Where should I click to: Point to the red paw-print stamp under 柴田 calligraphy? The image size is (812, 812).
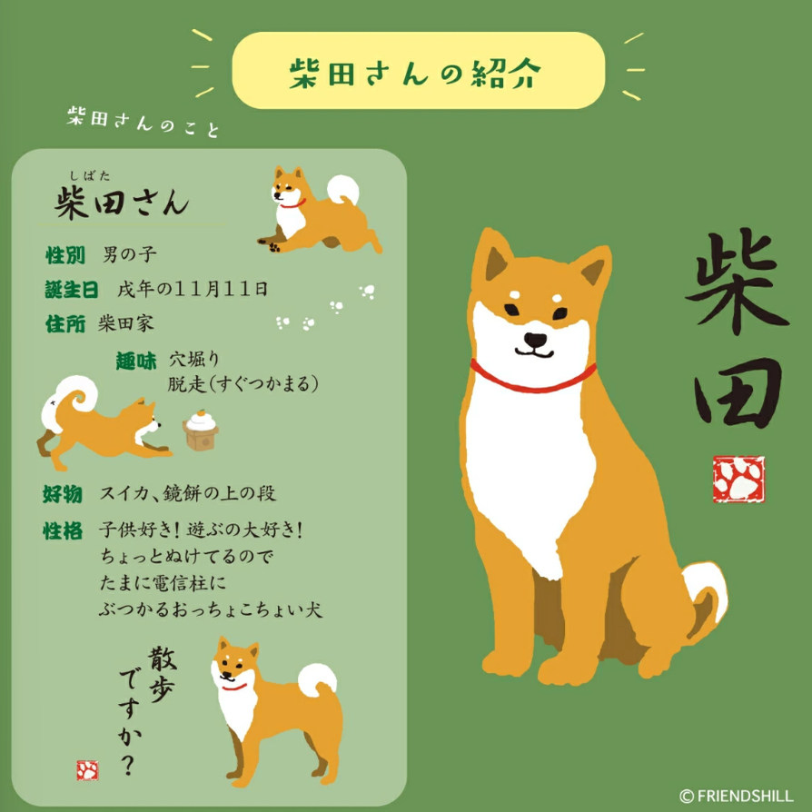(x=738, y=480)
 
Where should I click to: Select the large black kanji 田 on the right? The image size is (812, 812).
(x=738, y=393)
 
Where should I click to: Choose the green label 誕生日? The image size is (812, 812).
(x=71, y=290)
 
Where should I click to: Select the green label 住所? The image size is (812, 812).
(x=64, y=323)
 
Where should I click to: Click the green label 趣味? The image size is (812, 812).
(x=135, y=361)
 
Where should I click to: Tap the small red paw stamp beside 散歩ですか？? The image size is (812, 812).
(x=88, y=770)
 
